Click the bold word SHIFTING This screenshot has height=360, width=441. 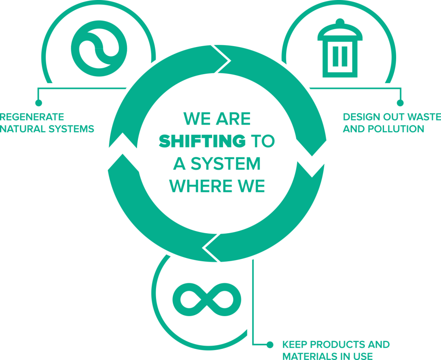(x=202, y=141)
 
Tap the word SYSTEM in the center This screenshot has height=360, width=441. (x=226, y=164)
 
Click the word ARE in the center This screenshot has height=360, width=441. (x=233, y=119)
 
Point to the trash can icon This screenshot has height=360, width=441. (x=340, y=48)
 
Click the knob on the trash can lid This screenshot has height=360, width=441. (x=340, y=22)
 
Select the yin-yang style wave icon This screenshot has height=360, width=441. (x=99, y=48)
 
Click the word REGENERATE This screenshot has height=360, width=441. (x=32, y=117)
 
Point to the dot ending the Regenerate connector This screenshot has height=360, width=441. (x=38, y=103)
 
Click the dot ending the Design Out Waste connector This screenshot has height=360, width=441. (x=400, y=103)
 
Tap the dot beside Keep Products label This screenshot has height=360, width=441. (x=270, y=344)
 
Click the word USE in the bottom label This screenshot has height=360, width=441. (x=364, y=356)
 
